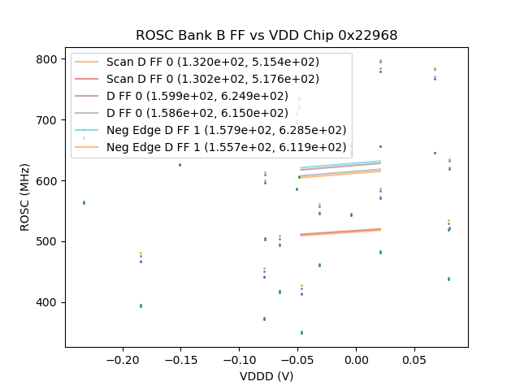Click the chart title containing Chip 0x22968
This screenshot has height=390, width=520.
(266, 35)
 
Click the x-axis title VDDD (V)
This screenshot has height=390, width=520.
(266, 376)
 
